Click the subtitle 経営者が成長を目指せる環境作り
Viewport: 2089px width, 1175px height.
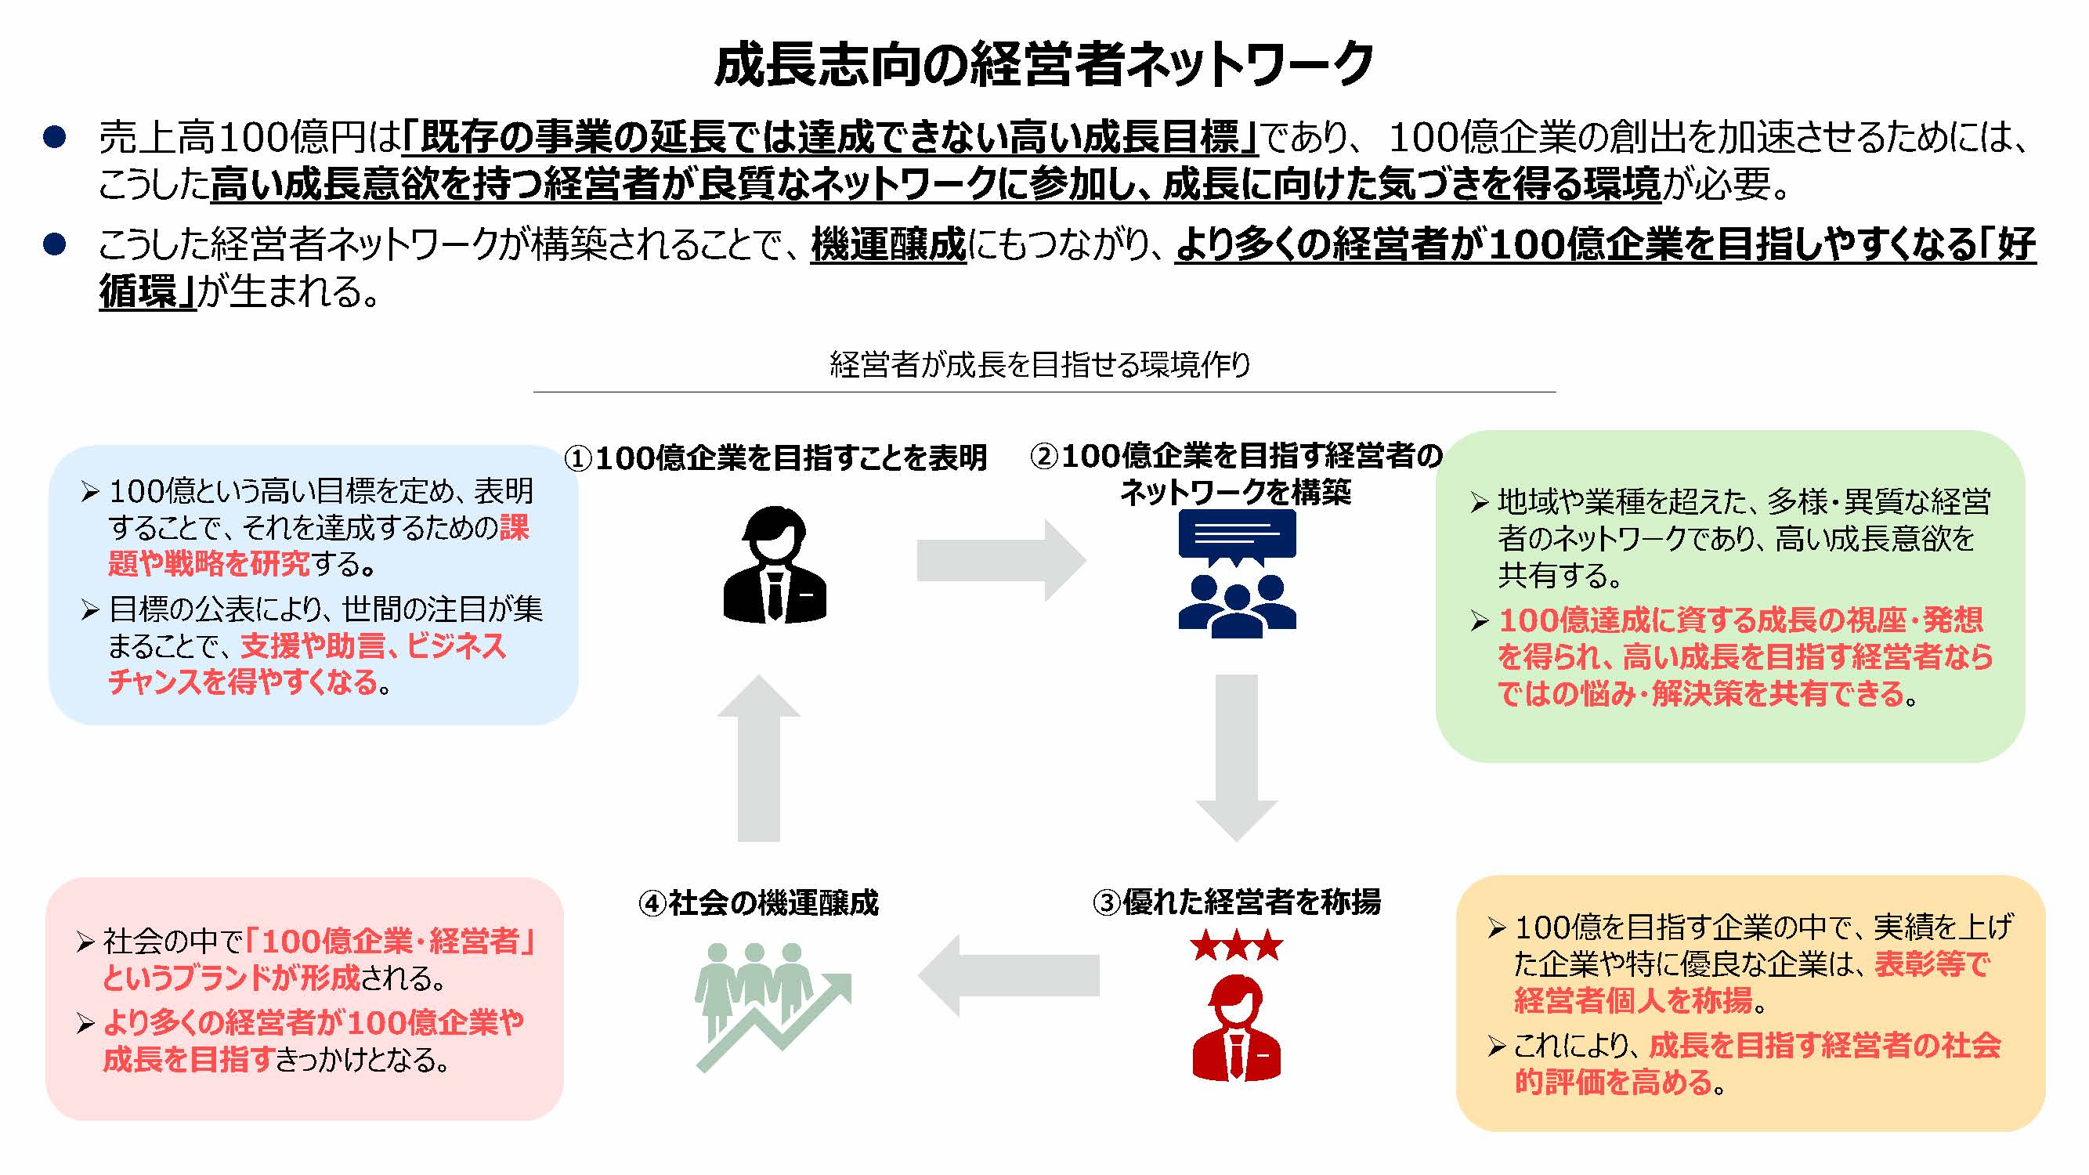(1039, 365)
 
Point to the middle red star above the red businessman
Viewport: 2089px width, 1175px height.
(1237, 946)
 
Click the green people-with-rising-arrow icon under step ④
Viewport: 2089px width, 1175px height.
(771, 1006)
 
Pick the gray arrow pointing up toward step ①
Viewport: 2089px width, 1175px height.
(759, 758)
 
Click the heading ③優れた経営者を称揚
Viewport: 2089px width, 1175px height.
(1236, 902)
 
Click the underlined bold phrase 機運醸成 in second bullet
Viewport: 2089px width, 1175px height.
(888, 244)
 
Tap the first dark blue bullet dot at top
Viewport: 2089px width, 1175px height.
(54, 137)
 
